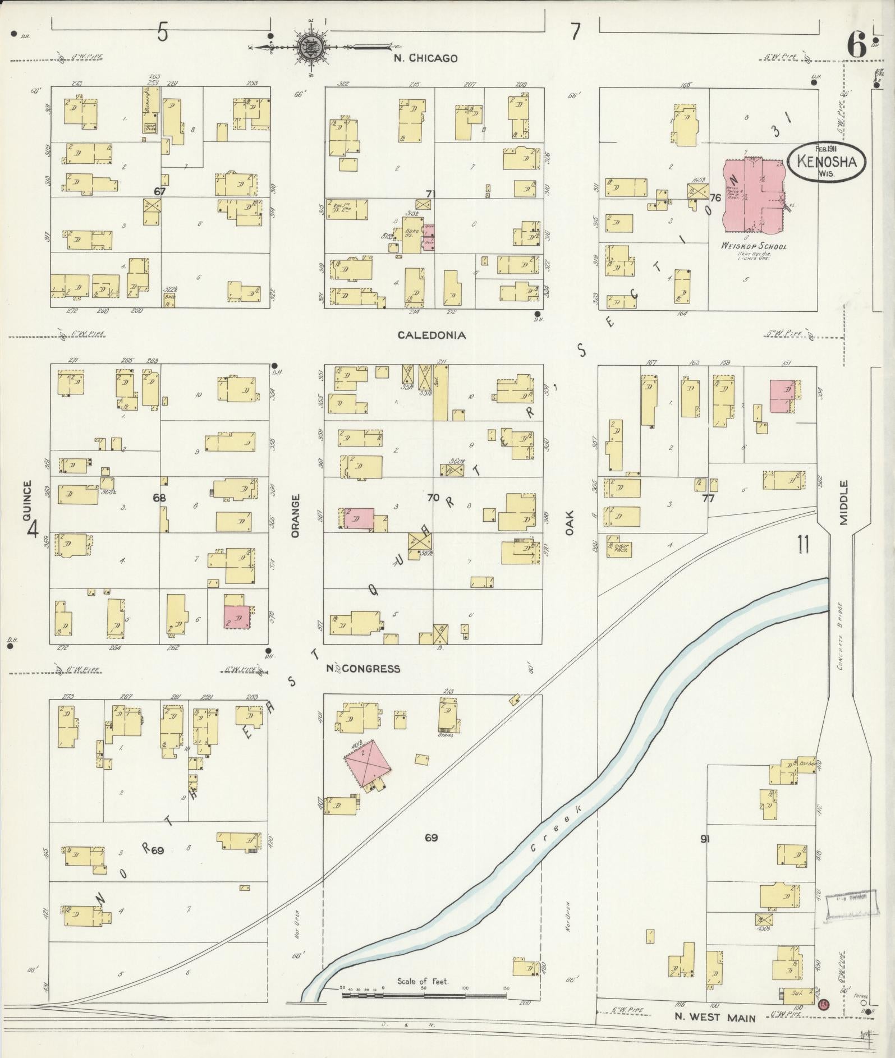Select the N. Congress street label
click(x=364, y=668)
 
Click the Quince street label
click(x=26, y=501)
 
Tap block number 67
click(x=160, y=191)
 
